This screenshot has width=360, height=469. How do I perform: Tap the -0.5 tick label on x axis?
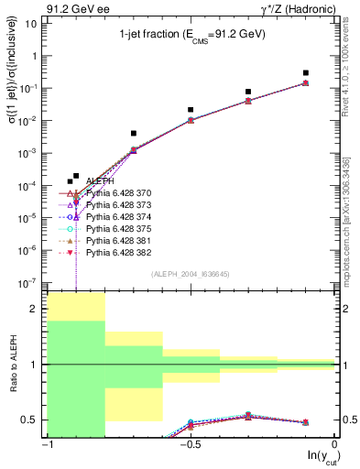click(x=189, y=446)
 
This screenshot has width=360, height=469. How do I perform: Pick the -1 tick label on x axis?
click(x=46, y=446)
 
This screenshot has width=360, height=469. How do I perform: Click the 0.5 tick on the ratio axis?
click(x=31, y=420)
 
